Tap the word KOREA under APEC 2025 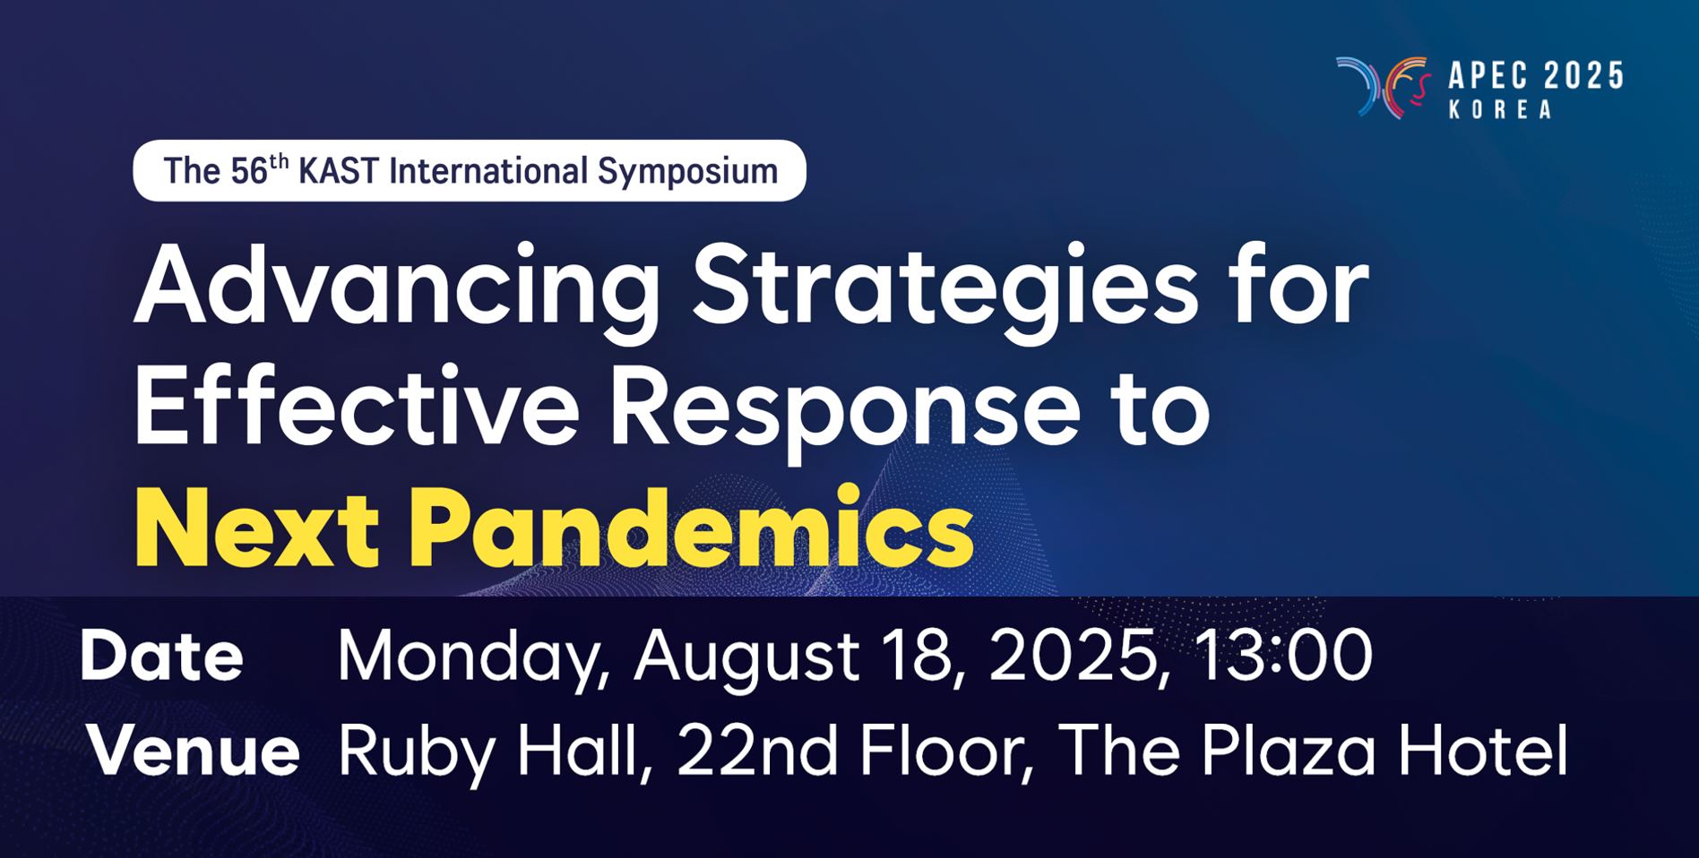[1500, 109]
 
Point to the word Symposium [687, 171]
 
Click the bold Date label [161, 656]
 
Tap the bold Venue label [193, 751]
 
